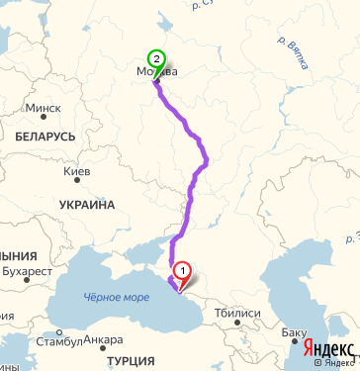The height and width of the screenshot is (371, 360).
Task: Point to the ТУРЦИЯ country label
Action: [x=130, y=360]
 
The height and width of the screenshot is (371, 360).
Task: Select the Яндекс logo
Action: [x=328, y=348]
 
